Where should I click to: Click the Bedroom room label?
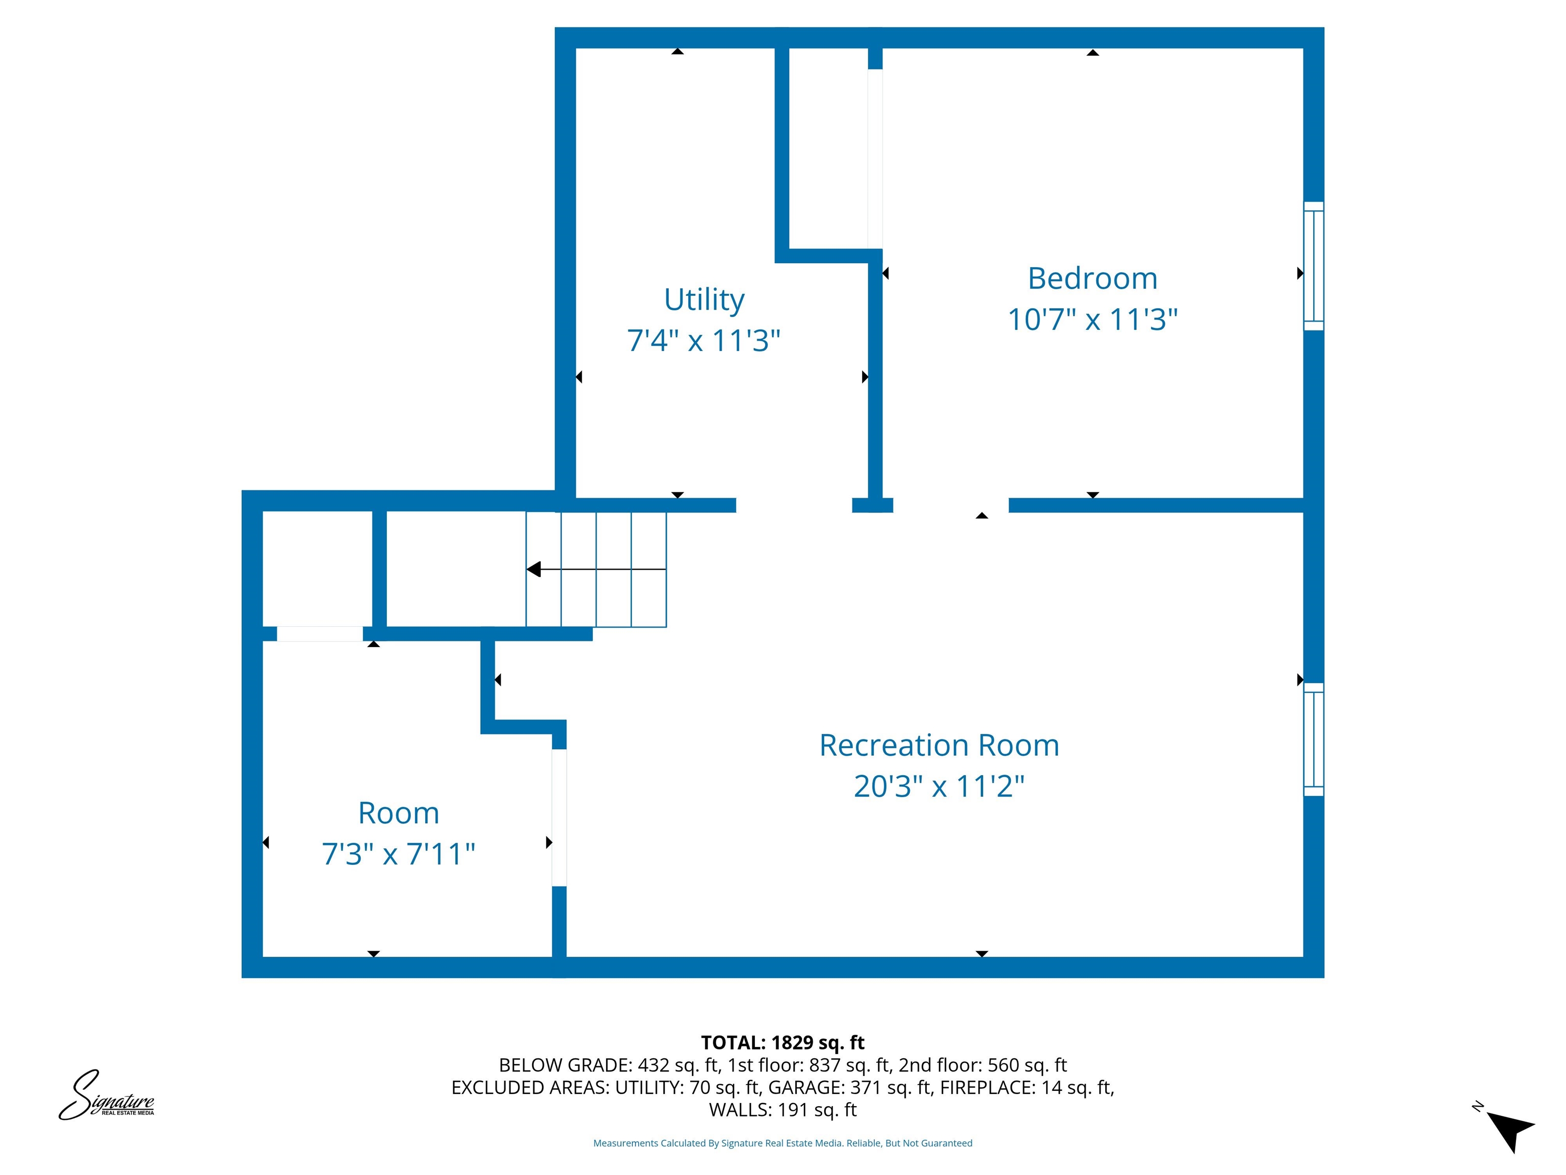(1092, 278)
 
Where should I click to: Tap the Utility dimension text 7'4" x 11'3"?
(703, 341)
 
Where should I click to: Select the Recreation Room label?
(939, 745)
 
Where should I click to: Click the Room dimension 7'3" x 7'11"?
(398, 853)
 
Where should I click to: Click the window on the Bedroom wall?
(1313, 266)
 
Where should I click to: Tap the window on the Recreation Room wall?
(1313, 739)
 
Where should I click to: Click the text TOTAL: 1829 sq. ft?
(782, 1042)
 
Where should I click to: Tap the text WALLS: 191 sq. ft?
(782, 1110)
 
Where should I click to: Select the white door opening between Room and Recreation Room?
(559, 818)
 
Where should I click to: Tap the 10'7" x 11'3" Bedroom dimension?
(1092, 319)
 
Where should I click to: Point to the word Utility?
(703, 299)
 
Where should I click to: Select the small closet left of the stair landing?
(317, 569)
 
